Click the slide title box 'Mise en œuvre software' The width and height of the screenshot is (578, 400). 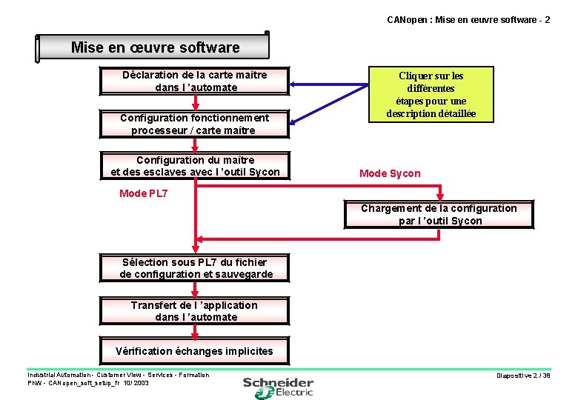155,47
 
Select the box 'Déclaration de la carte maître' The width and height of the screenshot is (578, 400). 195,81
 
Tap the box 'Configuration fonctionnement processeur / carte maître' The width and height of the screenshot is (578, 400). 195,124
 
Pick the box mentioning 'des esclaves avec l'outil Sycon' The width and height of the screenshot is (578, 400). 195,166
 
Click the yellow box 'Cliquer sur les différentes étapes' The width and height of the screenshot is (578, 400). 431,95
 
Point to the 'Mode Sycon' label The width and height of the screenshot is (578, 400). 390,173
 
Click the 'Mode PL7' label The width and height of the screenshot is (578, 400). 144,193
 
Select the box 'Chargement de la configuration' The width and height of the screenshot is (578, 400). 439,214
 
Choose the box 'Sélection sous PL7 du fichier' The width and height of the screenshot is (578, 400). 195,267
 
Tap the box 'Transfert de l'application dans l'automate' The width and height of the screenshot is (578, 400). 195,311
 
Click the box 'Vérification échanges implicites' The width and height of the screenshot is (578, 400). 195,351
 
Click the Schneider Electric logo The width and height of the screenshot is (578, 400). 279,386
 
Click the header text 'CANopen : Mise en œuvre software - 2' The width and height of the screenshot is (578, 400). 468,19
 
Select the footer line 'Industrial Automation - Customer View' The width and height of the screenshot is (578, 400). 119,375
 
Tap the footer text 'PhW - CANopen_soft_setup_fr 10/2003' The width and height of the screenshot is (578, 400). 88,383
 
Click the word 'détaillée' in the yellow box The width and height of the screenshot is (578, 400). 451,114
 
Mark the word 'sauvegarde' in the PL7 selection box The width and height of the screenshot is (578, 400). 244,274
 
